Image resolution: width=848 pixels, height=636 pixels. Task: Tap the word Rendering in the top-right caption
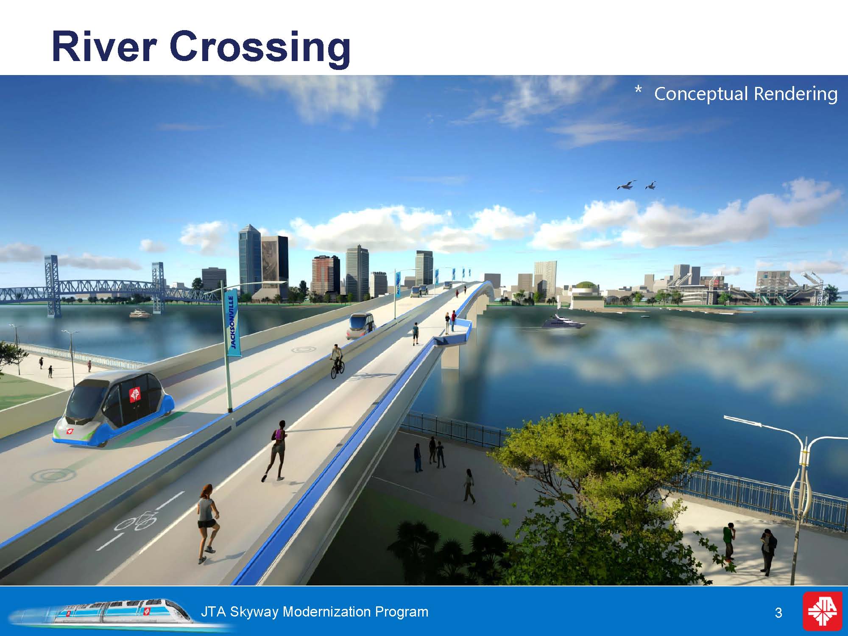(795, 94)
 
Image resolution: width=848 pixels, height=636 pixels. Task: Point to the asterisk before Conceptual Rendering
(638, 89)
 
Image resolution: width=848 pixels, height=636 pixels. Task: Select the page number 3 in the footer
(778, 613)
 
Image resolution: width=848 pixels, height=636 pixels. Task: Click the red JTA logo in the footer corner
(823, 611)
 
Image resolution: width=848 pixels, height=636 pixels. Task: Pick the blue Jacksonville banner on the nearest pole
(234, 322)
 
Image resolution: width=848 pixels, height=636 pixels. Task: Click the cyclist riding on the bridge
(337, 362)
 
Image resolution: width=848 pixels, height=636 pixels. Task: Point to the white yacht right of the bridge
(563, 322)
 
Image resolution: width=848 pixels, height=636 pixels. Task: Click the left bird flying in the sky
(627, 185)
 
